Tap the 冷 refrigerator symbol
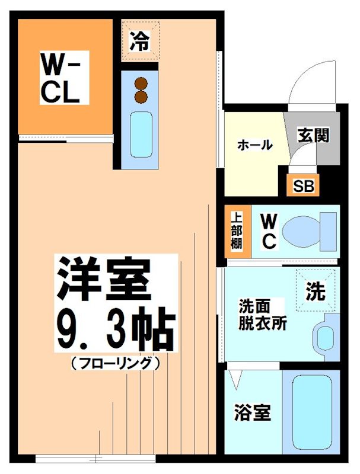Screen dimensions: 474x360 pos(141,40)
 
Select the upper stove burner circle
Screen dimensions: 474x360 pos(141,84)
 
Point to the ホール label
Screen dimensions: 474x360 pos(254,145)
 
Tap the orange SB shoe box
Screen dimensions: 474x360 pos(303,185)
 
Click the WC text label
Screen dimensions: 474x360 pos(269,231)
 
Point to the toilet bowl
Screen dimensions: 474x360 pos(300,231)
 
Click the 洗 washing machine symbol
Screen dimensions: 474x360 pos(316,290)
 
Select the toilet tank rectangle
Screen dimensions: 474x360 pos(328,231)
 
